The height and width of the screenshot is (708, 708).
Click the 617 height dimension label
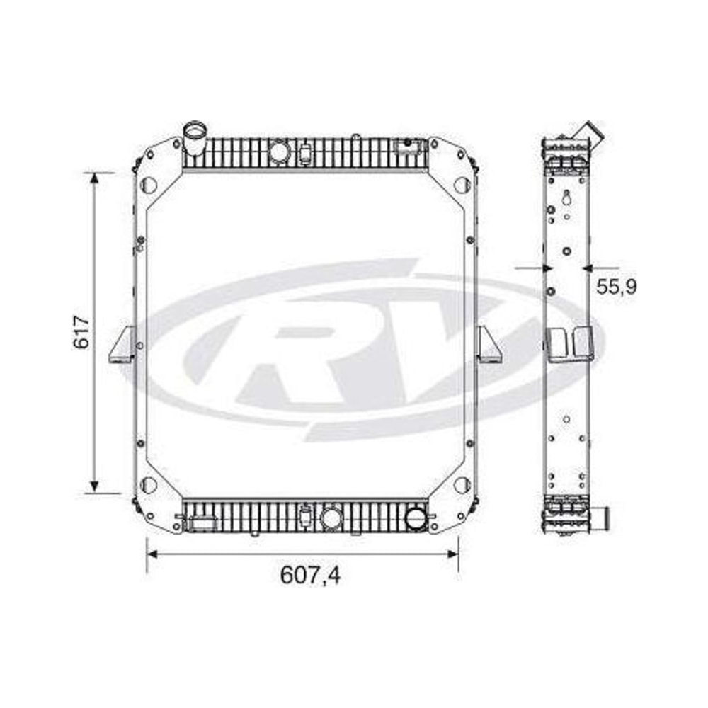81,332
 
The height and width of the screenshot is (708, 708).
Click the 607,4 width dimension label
310,575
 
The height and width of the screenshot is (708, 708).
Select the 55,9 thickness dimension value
617,286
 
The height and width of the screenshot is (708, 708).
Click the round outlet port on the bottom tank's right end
416,518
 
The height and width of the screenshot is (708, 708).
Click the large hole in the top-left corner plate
149,184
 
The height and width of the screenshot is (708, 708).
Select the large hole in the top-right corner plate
462,184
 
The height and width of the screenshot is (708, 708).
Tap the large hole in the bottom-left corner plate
149,485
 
